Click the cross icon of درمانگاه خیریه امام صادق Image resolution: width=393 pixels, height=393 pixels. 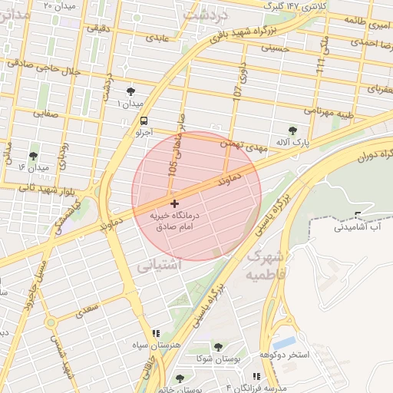176,204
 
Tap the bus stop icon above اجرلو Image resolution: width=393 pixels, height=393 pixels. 144,121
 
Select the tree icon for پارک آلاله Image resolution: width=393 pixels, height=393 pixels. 292,130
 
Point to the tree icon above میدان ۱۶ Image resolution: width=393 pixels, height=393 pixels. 34,156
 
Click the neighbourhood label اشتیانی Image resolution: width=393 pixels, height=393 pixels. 159,266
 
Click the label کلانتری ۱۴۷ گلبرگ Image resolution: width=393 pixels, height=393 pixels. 295,5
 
